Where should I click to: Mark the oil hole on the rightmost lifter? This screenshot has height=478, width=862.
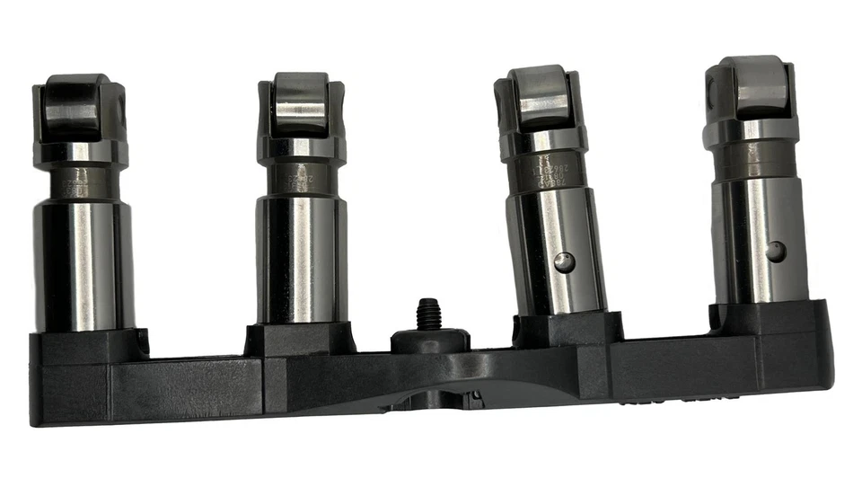[x=775, y=251]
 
